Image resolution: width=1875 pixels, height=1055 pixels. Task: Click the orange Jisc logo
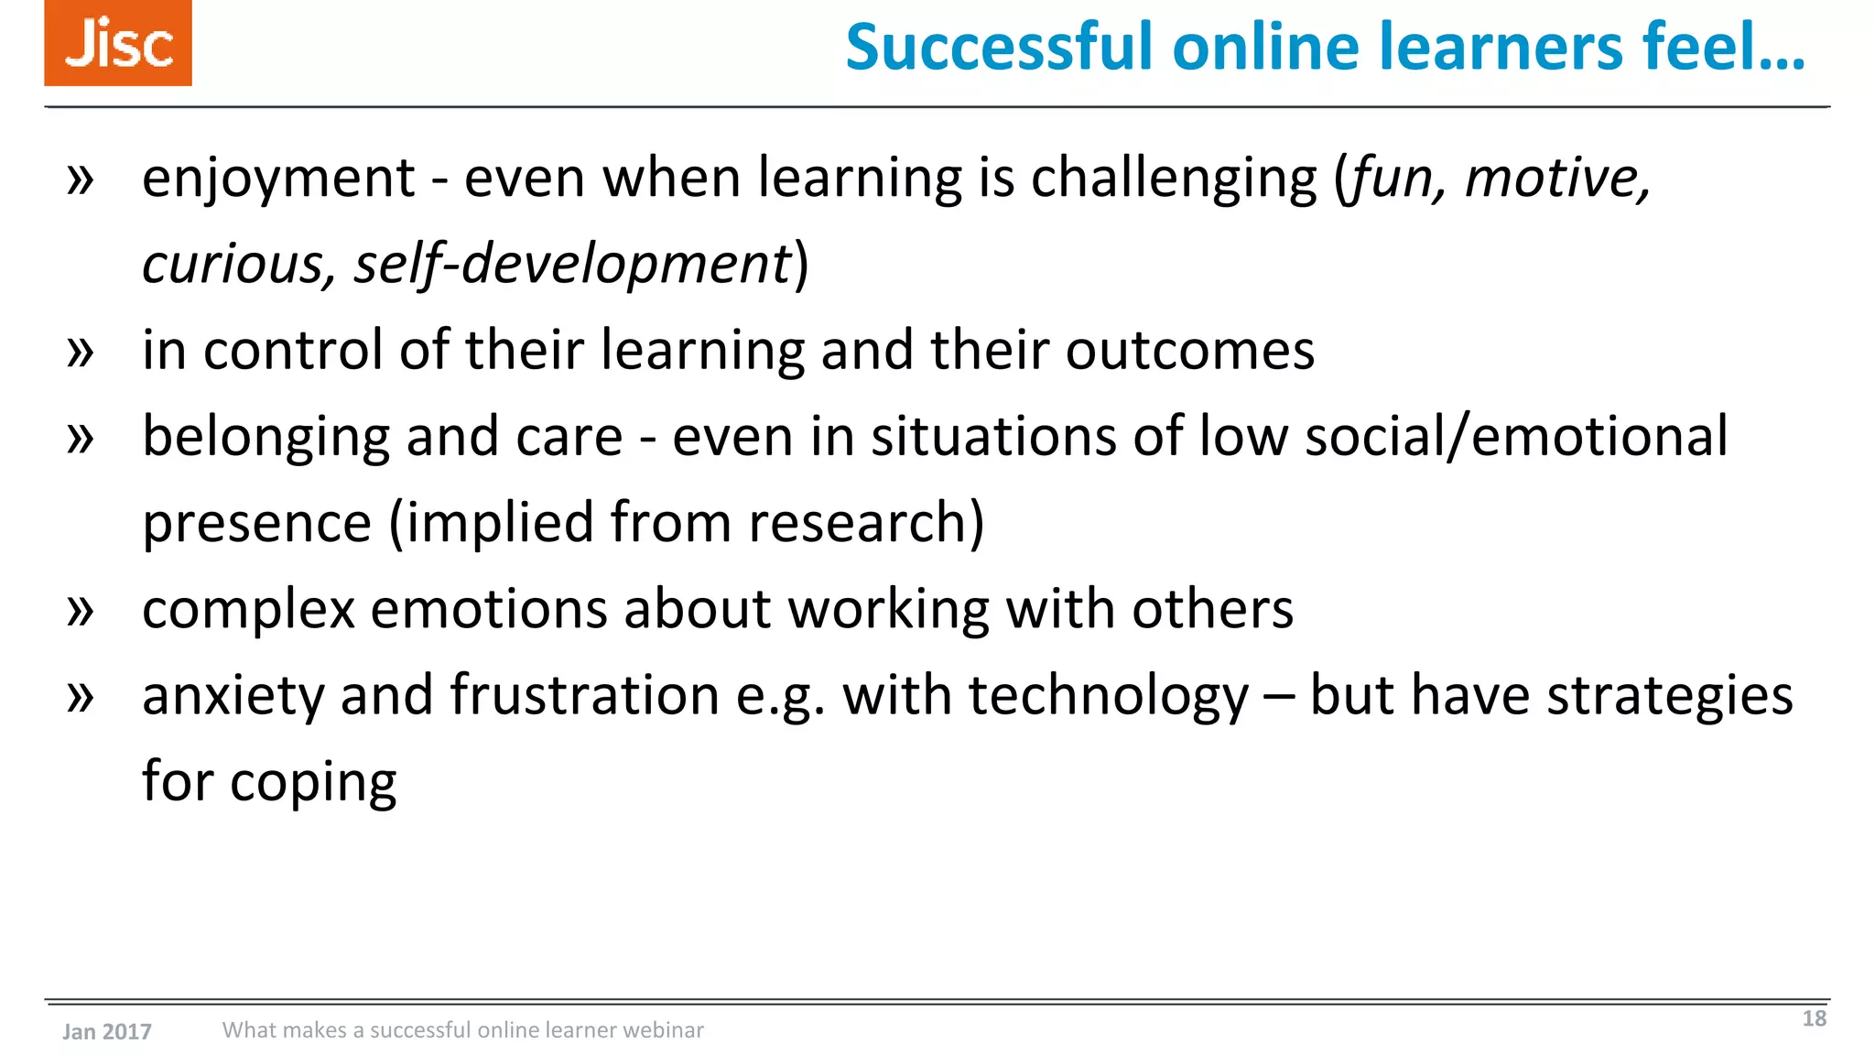[118, 43]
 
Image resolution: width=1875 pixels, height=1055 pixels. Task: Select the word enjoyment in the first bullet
[278, 178]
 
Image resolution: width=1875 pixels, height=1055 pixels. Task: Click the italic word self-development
[572, 265]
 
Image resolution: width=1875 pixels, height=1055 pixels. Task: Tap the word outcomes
[1189, 350]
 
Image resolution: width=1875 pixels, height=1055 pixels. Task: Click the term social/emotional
[1516, 437]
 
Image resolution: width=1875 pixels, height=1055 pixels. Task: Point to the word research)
[865, 523]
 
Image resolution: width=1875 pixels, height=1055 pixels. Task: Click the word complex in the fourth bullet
[248, 610]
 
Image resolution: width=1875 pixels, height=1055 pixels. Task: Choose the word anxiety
[233, 696]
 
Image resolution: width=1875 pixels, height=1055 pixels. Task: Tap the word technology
[1109, 696]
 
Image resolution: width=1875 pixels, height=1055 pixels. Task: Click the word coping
[313, 783]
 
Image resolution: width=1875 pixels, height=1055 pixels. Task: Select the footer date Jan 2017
[107, 1032]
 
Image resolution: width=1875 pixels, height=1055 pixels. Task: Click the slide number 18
[1814, 1018]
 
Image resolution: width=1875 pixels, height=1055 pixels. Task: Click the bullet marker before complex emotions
[81, 610]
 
